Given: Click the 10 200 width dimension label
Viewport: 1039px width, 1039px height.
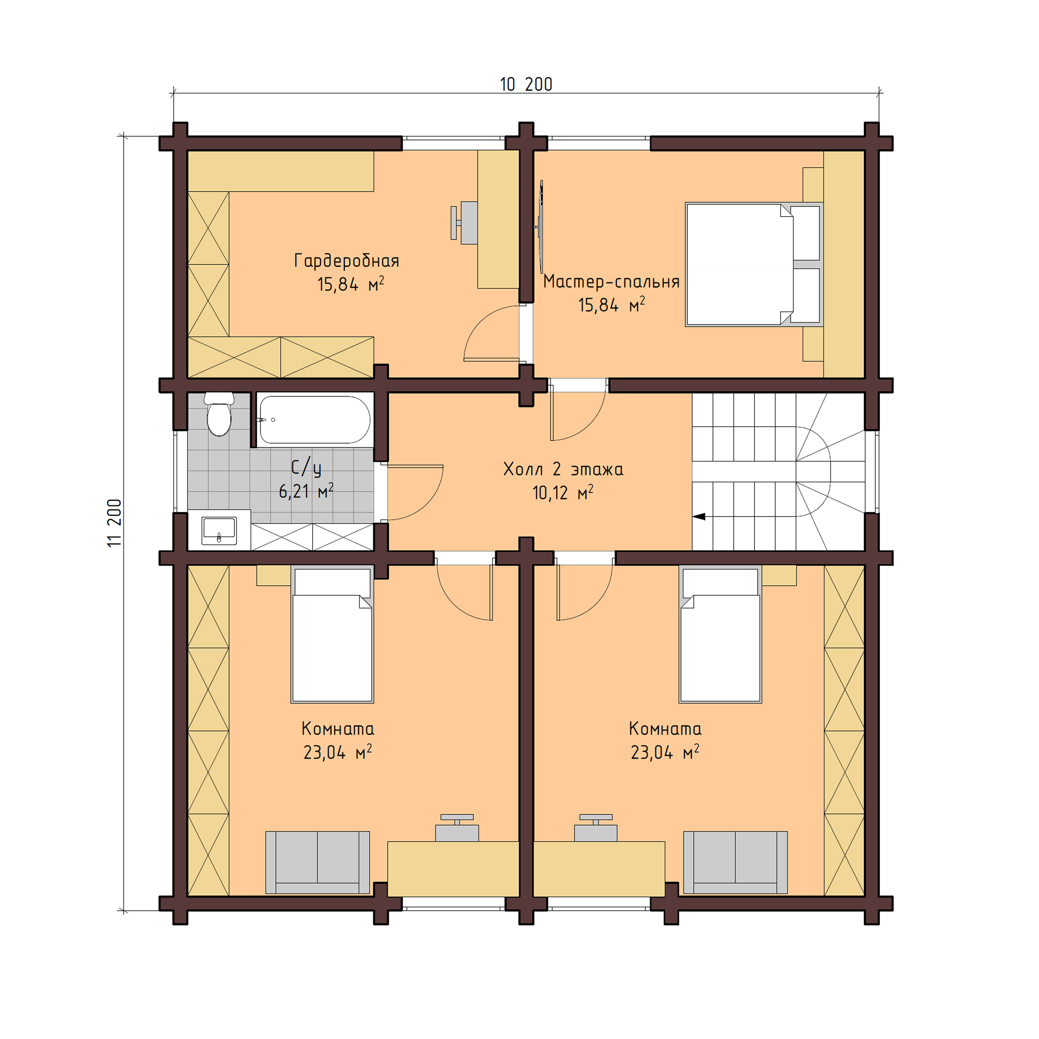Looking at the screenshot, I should [525, 84].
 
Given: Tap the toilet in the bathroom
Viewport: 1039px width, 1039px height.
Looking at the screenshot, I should [219, 416].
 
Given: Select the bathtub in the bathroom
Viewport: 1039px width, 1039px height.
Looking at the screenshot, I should [314, 419].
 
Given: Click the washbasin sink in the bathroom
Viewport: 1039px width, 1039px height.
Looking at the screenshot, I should [219, 531].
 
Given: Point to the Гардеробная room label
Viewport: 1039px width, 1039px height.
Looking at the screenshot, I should [346, 261].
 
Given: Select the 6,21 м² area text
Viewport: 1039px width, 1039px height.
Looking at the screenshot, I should [305, 491].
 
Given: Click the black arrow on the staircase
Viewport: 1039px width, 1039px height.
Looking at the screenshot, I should [699, 517].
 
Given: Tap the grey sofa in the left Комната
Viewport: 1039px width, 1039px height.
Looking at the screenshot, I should [317, 862].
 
